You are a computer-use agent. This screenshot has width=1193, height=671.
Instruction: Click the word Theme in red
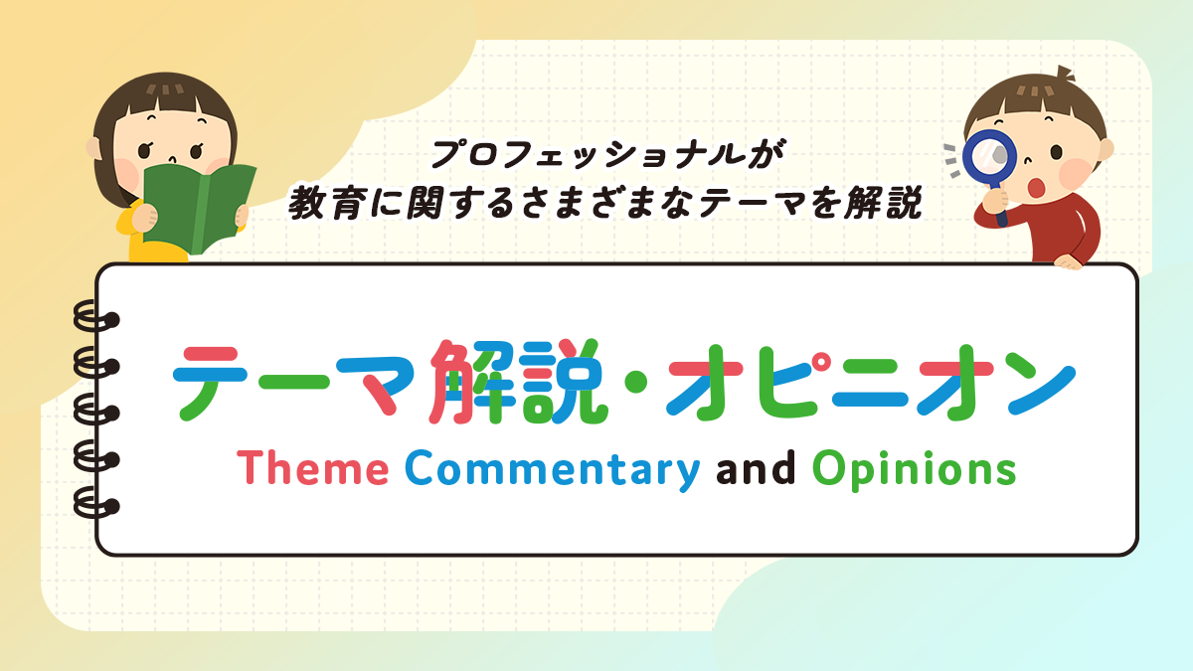point(312,467)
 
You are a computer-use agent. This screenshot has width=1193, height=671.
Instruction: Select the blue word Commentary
point(553,470)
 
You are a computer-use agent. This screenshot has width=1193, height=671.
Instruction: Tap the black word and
point(756,467)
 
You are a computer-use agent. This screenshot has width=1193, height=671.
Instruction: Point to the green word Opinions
point(914,469)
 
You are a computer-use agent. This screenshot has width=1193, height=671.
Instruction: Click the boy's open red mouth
point(1036,188)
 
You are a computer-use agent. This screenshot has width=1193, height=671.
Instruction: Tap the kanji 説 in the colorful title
point(565,382)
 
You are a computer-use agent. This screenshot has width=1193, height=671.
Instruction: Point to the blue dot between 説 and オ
point(636,382)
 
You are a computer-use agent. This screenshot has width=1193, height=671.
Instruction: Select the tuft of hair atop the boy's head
point(1065,73)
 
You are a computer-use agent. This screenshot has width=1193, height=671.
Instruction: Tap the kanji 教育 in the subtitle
point(325,203)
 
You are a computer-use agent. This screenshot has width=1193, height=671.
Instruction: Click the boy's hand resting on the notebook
point(1069,261)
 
